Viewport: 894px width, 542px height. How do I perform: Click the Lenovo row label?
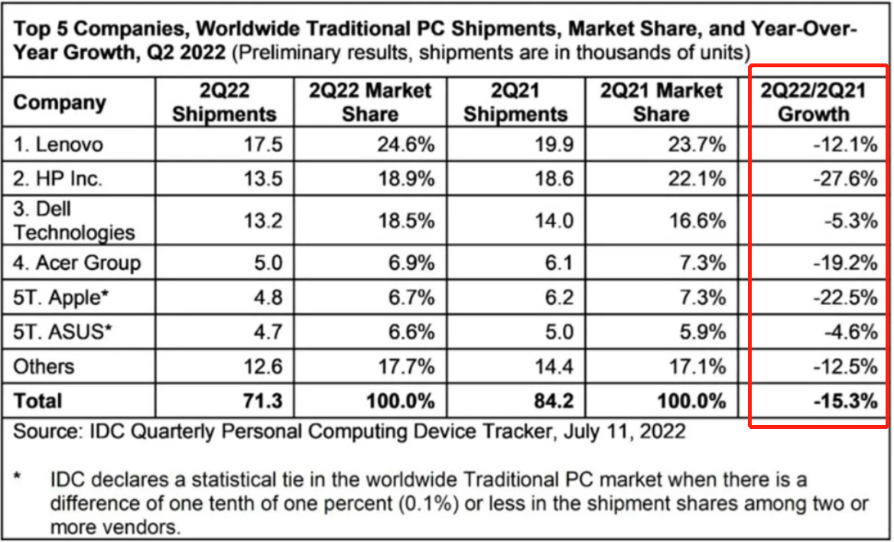[58, 144]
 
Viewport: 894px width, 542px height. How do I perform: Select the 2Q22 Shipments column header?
[224, 102]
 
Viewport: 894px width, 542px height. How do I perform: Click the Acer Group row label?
[77, 263]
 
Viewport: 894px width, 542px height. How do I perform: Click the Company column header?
[60, 102]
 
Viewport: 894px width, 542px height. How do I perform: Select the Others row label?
[44, 366]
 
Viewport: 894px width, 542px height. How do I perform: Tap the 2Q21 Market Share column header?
[662, 102]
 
